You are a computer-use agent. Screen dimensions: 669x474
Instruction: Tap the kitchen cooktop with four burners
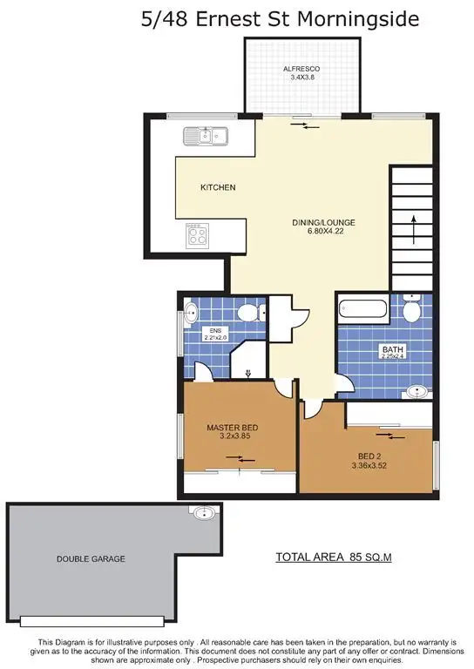pos(198,234)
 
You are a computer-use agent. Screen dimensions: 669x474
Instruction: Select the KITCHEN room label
pos(218,187)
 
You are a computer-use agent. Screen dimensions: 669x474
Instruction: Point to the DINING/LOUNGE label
pos(323,222)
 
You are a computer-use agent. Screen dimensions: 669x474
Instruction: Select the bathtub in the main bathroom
pos(364,308)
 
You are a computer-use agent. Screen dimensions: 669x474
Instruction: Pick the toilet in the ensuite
pos(247,313)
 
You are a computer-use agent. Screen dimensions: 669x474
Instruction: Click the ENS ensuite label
pos(211,330)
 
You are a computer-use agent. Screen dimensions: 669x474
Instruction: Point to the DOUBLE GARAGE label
pos(91,558)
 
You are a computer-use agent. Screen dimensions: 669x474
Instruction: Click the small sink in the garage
pos(203,513)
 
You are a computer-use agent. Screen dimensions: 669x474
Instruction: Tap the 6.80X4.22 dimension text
pos(323,233)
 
